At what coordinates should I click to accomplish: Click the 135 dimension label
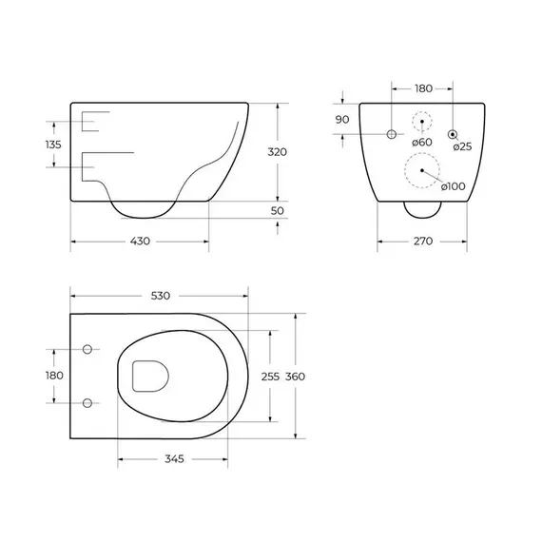[53, 145]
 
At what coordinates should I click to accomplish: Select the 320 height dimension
[278, 152]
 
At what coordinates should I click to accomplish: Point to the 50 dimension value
[278, 210]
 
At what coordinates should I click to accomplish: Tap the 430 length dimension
[140, 241]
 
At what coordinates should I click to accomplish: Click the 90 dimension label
[342, 120]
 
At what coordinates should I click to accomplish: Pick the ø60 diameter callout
[422, 142]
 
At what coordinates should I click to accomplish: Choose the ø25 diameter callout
[462, 146]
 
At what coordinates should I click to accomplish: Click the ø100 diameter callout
[454, 186]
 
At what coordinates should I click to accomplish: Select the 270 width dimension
[423, 241]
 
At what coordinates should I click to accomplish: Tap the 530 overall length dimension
[161, 296]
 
